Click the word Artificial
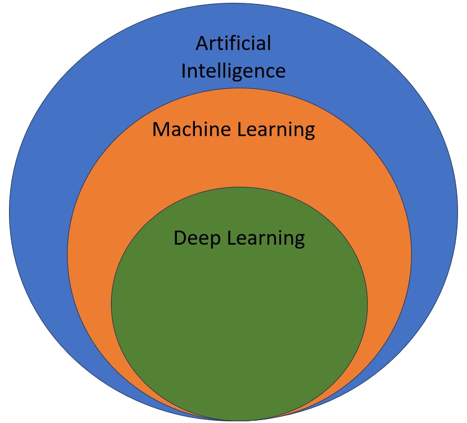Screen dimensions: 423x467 233,43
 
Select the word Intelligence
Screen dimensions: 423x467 233,71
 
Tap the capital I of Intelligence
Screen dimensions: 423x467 184,71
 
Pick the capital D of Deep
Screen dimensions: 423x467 180,238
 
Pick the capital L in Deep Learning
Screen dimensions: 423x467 231,238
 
